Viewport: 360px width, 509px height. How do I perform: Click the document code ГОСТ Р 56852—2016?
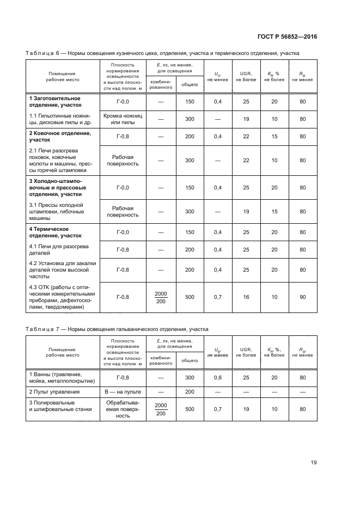point(288,36)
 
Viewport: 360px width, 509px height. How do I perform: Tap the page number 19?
point(314,463)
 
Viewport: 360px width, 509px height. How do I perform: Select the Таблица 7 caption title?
point(117,329)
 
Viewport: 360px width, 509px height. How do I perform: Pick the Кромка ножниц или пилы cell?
point(123,119)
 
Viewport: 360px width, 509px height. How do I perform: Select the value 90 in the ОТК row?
point(302,297)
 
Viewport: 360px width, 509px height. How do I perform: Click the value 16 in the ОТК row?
point(246,297)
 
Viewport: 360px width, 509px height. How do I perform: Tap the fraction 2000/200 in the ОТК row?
point(161,297)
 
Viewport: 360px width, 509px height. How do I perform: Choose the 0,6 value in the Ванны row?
point(218,377)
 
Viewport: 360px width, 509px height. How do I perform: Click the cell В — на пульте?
point(123,391)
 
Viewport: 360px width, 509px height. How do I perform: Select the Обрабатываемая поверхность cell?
point(123,409)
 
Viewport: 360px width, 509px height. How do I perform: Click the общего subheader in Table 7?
point(190,360)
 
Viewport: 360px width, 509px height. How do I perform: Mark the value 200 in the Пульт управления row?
point(190,391)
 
